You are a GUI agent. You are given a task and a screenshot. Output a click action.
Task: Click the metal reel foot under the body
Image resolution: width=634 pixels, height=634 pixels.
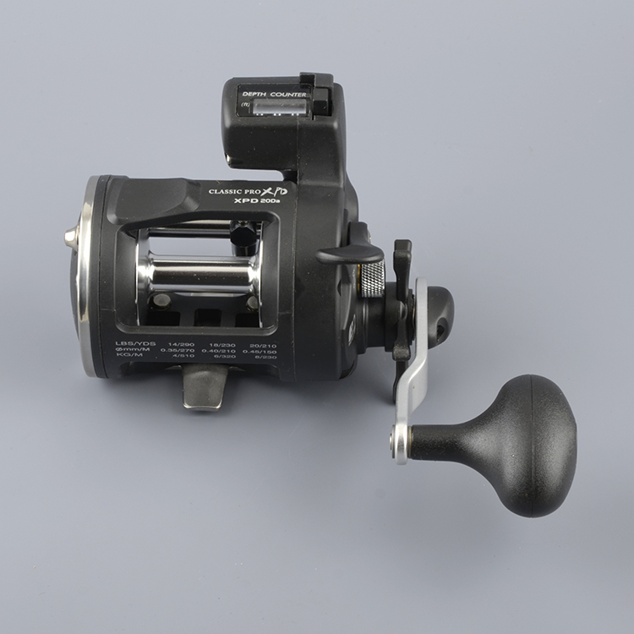click(205, 388)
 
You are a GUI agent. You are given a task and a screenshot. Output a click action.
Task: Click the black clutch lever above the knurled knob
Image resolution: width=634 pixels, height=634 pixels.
click(350, 253)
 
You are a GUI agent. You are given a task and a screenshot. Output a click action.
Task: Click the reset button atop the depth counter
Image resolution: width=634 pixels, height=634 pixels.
click(309, 81)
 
